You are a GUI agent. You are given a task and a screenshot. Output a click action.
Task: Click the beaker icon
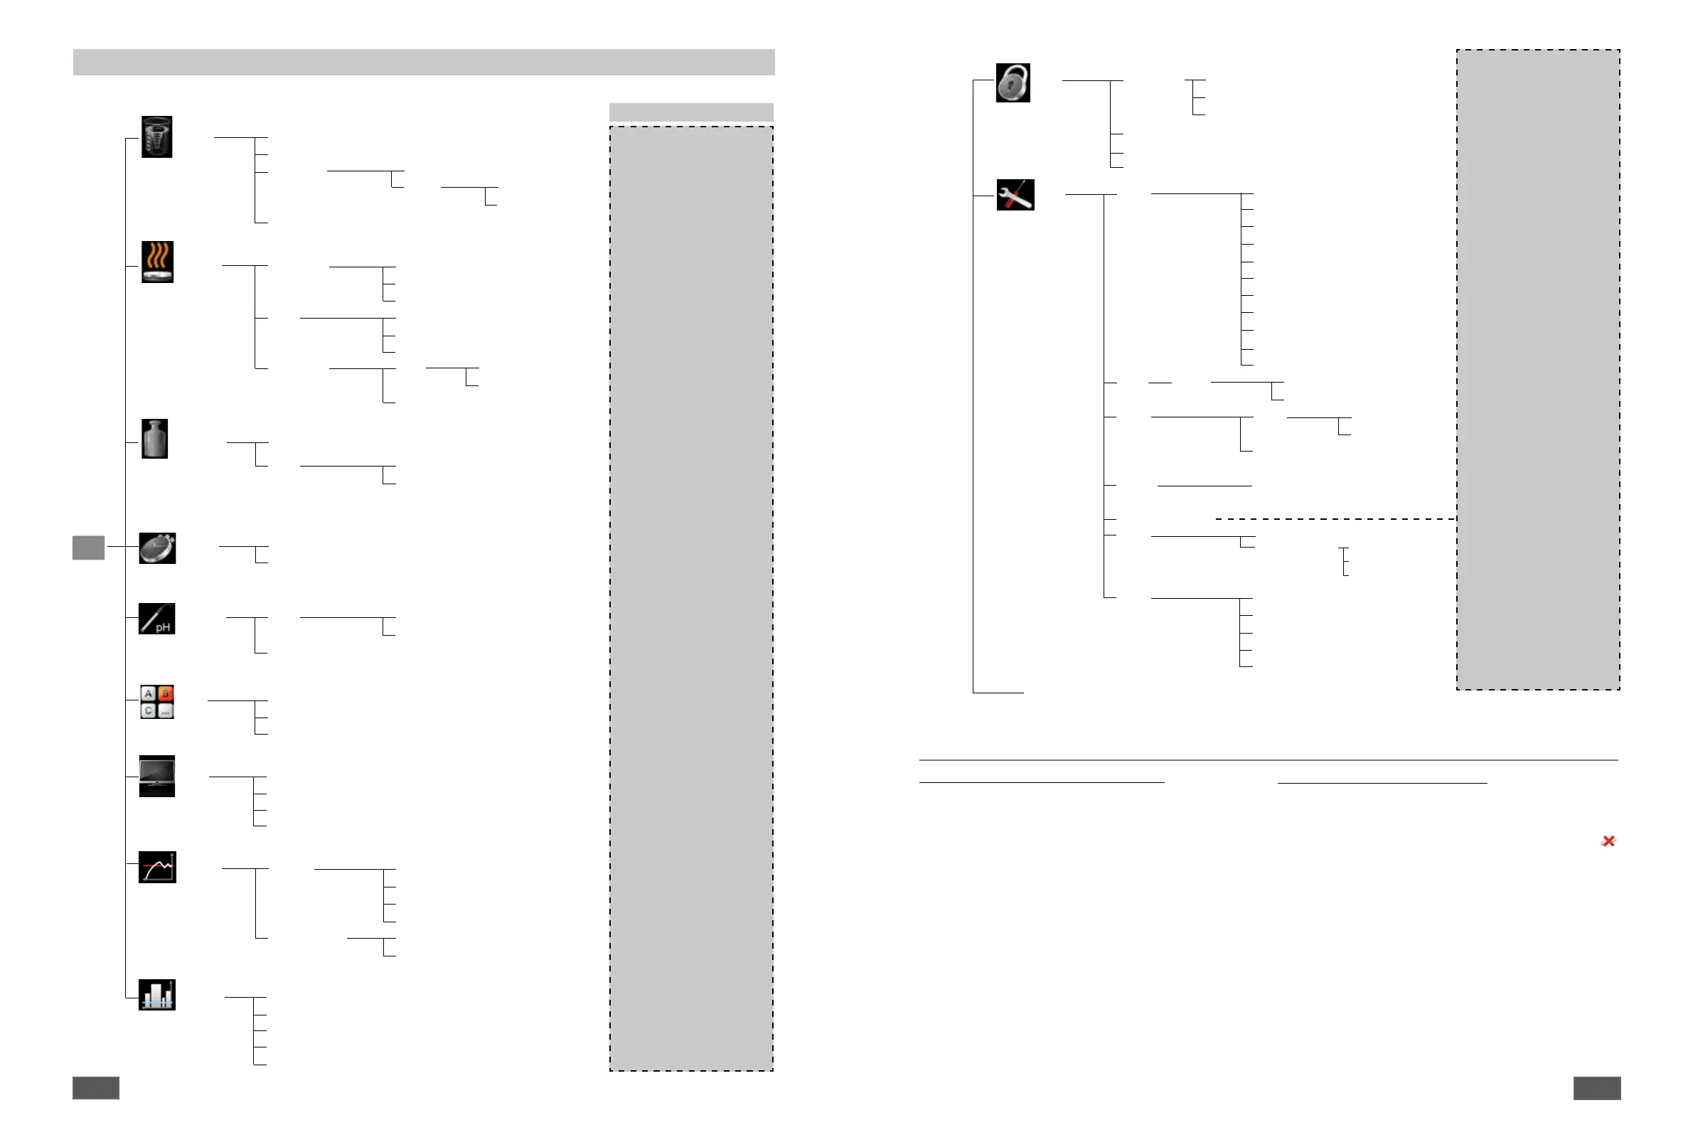pyautogui.click(x=156, y=137)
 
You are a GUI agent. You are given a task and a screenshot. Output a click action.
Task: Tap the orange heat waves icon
pyautogui.click(x=157, y=261)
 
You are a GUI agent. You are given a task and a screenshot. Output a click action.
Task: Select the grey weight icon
pyautogui.click(x=154, y=438)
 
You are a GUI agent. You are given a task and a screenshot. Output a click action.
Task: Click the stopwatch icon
pyautogui.click(x=157, y=548)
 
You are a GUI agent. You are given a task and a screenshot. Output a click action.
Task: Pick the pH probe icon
pyautogui.click(x=156, y=619)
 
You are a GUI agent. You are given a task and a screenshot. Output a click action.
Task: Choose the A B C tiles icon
pyautogui.click(x=156, y=702)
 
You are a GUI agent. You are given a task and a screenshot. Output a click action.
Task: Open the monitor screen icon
pyautogui.click(x=156, y=776)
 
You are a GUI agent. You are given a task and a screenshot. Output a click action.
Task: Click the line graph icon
pyautogui.click(x=156, y=867)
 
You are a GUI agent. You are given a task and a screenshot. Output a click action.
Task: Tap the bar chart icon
pyautogui.click(x=156, y=994)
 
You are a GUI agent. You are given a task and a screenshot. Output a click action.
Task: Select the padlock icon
pyautogui.click(x=1013, y=82)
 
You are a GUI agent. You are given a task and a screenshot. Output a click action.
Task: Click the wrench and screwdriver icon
pyautogui.click(x=1015, y=194)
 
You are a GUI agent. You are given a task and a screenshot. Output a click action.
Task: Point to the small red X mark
pyautogui.click(x=1608, y=841)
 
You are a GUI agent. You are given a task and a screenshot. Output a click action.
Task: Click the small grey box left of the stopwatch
pyautogui.click(x=88, y=548)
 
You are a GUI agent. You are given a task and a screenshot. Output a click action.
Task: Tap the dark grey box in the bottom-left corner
pyautogui.click(x=95, y=1088)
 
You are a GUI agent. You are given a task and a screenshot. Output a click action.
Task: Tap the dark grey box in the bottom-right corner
pyautogui.click(x=1597, y=1088)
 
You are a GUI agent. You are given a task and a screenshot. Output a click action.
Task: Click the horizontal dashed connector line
pyautogui.click(x=1335, y=518)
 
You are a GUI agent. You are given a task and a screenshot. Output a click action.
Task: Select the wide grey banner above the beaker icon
pyautogui.click(x=423, y=62)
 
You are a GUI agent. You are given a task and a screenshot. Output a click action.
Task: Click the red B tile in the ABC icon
pyautogui.click(x=165, y=693)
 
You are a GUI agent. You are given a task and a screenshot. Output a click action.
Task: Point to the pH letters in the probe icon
pyautogui.click(x=164, y=628)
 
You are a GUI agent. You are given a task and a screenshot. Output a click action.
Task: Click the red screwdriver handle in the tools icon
pyautogui.click(x=1010, y=203)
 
